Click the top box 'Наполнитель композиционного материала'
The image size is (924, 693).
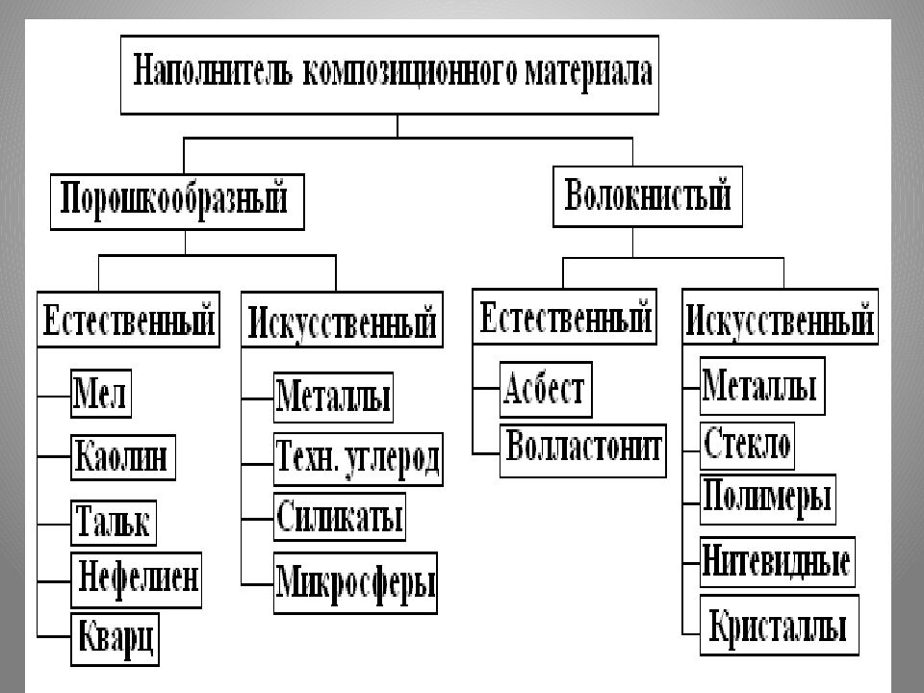tap(390, 75)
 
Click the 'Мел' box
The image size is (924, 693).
tap(101, 394)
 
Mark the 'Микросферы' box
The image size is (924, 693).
tap(355, 582)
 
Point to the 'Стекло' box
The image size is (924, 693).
tap(748, 444)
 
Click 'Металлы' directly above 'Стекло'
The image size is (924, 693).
tap(760, 386)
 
